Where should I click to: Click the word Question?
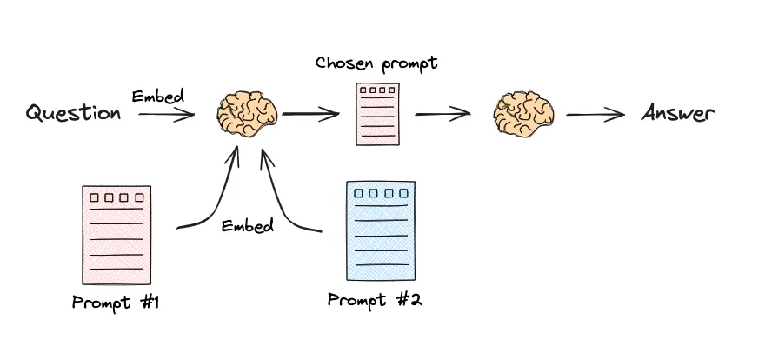coord(73,113)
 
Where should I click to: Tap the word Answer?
coord(677,113)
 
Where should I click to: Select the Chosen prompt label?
coord(376,63)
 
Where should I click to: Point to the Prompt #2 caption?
coord(375,300)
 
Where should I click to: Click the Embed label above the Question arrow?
coord(157,96)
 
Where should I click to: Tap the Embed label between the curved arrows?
coord(248,226)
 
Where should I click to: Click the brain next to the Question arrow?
coord(248,113)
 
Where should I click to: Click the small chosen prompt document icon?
coord(377,114)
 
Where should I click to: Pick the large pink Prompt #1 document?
coord(112,235)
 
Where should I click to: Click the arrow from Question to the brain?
coord(166,114)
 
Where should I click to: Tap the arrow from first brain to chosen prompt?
coord(309,113)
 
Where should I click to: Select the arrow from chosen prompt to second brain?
coord(442,113)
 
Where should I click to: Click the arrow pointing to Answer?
coord(595,113)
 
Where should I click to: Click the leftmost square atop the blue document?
coord(356,194)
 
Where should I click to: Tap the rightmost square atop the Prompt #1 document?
coord(138,198)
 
